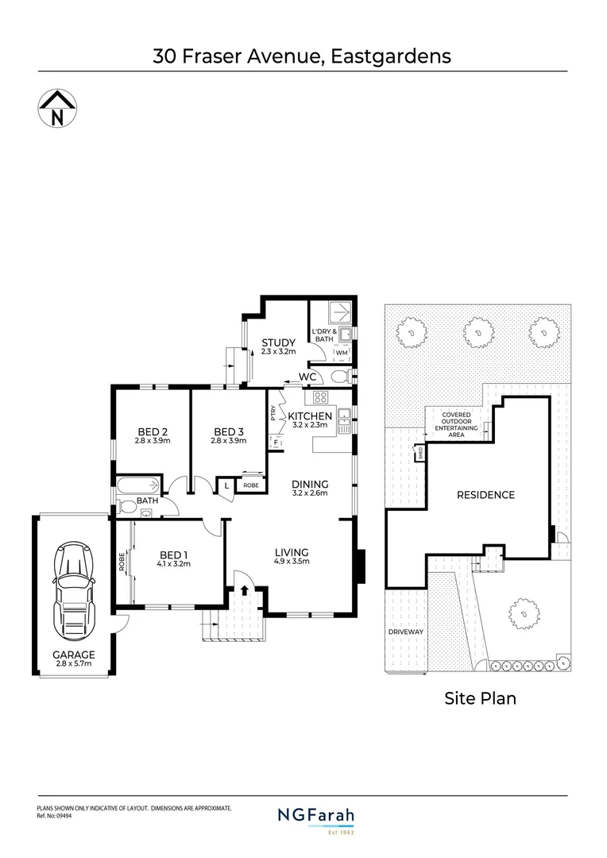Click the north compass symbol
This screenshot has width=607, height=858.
pyautogui.click(x=56, y=108)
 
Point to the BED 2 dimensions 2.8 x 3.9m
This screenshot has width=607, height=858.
pyautogui.click(x=153, y=441)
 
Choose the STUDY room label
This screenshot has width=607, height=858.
pyautogui.click(x=279, y=342)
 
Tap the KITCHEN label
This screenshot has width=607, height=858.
pyautogui.click(x=309, y=416)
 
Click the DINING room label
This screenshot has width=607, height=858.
pyautogui.click(x=309, y=483)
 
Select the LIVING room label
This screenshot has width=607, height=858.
pyautogui.click(x=292, y=552)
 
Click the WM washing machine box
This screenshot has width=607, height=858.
pyautogui.click(x=342, y=352)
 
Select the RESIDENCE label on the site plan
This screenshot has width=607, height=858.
pyautogui.click(x=485, y=495)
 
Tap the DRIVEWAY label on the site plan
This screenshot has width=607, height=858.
pyautogui.click(x=406, y=632)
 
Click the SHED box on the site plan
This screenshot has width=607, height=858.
pyautogui.click(x=419, y=454)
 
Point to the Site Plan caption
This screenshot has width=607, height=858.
pyautogui.click(x=478, y=698)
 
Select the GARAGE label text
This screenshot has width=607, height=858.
pyautogui.click(x=72, y=655)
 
